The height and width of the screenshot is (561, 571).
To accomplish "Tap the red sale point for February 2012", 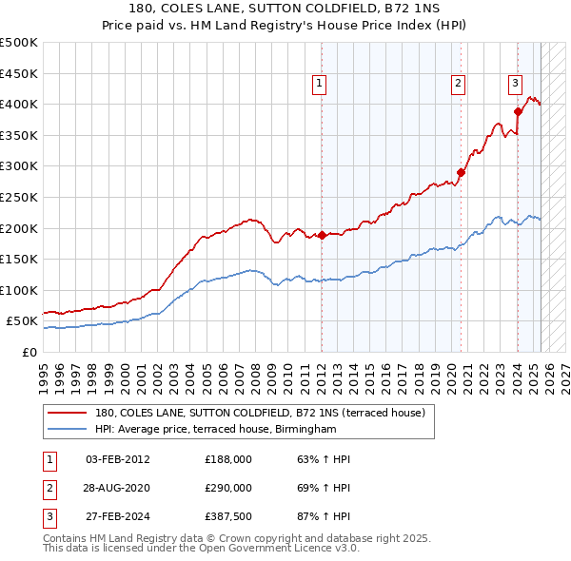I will coord(322,235).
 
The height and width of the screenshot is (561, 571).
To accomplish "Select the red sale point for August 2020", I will coord(462,172).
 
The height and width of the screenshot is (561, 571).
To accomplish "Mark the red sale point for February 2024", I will coord(519,111).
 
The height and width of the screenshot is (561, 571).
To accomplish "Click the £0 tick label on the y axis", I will coord(29,352).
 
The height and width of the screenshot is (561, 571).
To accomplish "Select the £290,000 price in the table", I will coord(228,487).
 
